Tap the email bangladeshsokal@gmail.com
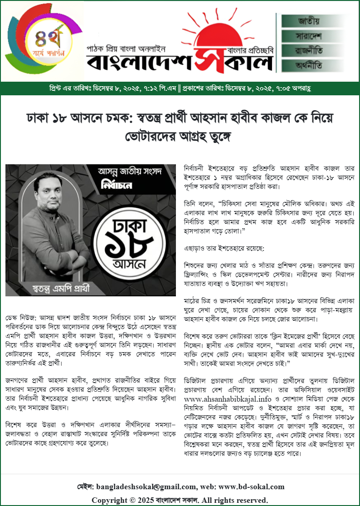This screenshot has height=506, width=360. tap(141, 487)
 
